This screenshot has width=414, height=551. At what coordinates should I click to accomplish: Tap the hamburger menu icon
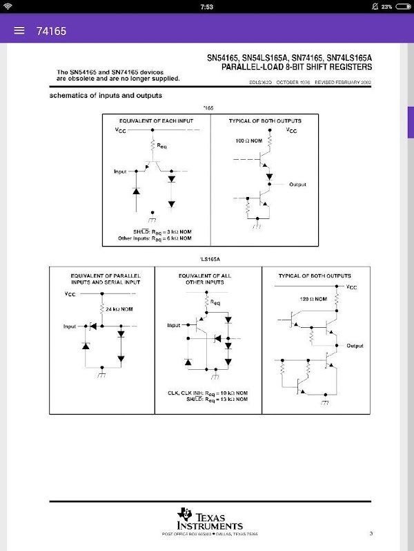click(19, 30)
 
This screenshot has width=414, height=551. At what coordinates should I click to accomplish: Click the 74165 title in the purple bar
click(51, 31)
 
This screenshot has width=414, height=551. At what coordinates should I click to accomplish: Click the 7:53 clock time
click(206, 6)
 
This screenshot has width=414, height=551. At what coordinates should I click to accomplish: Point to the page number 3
click(371, 533)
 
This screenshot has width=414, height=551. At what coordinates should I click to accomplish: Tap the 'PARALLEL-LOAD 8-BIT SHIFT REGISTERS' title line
click(297, 67)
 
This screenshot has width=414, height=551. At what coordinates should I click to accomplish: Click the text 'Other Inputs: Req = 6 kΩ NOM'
click(155, 238)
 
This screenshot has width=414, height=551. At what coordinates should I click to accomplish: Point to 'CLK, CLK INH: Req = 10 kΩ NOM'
click(207, 392)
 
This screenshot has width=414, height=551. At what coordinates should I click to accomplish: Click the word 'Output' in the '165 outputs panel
click(297, 185)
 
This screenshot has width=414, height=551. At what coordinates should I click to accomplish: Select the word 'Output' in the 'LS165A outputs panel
click(355, 346)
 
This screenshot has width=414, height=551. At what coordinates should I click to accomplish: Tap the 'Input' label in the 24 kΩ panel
click(70, 326)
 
